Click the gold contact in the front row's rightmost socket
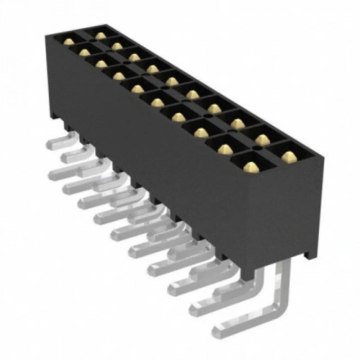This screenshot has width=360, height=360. [x=250, y=167]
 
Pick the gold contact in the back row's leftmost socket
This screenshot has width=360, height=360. [x=101, y=35]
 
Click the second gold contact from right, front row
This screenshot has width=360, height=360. [x=225, y=149]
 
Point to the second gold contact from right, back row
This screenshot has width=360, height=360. [x=262, y=138]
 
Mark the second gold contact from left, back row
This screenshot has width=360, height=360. [x=117, y=46]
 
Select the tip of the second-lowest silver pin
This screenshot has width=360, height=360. [x=195, y=309]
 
